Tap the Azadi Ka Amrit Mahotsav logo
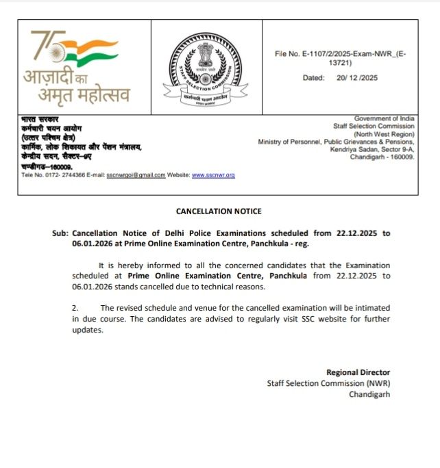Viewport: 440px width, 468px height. (x=76, y=67)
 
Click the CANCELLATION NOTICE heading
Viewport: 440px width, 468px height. (x=219, y=211)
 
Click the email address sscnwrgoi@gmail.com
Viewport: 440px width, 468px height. (x=136, y=175)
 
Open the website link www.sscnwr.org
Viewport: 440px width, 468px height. (x=213, y=175)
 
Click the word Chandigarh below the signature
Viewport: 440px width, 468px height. (x=369, y=394)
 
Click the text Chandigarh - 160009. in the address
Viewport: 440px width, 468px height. (x=382, y=157)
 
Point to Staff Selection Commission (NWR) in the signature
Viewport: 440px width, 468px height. (x=328, y=383)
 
